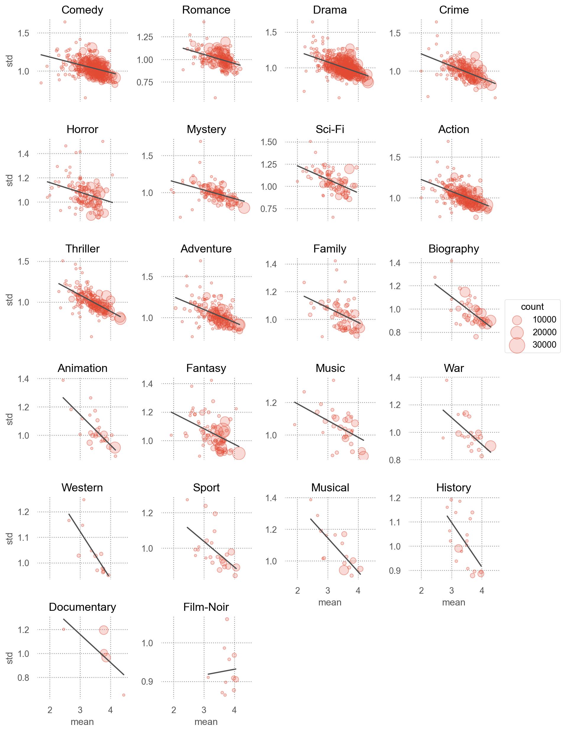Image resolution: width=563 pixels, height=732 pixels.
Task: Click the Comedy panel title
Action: pos(82,10)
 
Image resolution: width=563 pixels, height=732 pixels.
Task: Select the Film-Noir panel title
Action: pos(206,607)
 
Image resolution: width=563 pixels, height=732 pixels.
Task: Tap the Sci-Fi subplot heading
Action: pos(330,129)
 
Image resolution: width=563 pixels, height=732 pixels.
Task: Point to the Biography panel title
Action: pos(453,249)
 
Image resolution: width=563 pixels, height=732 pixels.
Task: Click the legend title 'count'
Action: pos(532,307)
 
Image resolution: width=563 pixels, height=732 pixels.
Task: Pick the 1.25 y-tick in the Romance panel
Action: pos(145,37)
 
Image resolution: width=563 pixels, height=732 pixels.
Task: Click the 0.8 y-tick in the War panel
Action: pos(395,460)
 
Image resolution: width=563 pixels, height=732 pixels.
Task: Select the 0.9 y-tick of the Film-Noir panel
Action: pos(147,681)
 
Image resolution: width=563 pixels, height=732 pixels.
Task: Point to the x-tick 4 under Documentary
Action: pos(111,710)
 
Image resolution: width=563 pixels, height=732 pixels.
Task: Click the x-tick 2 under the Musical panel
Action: pos(297,591)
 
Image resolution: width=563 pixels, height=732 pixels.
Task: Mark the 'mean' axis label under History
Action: pos(453,603)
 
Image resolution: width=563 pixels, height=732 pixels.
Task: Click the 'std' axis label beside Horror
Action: pos(10,180)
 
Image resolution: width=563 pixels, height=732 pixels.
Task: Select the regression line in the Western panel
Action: pos(89,545)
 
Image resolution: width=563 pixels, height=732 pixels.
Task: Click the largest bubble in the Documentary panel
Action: pos(103,630)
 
